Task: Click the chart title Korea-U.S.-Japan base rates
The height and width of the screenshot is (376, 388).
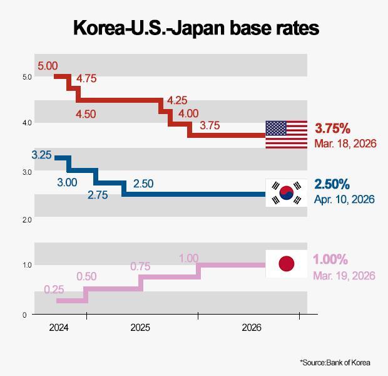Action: [196, 28]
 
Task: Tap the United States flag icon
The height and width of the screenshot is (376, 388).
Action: [286, 135]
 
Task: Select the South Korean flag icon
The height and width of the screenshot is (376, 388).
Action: [286, 192]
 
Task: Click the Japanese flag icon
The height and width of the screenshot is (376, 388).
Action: [286, 264]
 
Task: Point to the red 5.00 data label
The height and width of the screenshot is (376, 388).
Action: [48, 66]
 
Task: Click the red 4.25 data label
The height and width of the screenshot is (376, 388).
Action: [177, 100]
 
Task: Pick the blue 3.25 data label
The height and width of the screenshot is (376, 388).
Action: [41, 155]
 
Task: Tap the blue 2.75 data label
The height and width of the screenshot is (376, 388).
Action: [98, 195]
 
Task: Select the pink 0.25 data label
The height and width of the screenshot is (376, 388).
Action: [54, 290]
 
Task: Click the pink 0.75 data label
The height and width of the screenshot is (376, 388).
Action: [140, 266]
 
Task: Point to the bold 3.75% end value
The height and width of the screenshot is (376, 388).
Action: [332, 128]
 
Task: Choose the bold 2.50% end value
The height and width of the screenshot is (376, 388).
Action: [332, 184]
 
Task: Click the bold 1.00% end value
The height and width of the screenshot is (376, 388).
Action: [330, 259]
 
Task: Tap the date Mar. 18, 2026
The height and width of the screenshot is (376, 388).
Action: [345, 144]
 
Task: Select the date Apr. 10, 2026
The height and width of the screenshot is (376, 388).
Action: [344, 199]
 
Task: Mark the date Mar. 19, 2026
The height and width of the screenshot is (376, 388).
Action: [344, 276]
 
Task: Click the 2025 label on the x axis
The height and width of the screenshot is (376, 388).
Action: [140, 328]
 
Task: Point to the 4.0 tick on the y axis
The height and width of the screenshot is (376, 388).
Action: [27, 123]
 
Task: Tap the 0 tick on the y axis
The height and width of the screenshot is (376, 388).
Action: [25, 315]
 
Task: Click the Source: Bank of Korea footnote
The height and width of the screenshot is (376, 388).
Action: [335, 362]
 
